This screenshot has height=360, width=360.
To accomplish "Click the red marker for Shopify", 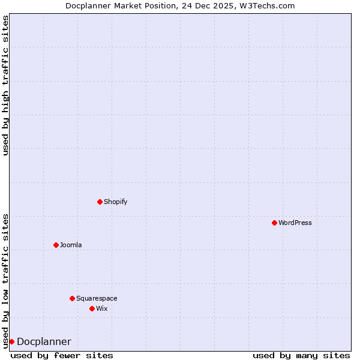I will tap(100, 202).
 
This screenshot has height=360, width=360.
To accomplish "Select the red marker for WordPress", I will tap(274, 223).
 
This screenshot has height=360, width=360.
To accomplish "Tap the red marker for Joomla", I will tap(56, 245).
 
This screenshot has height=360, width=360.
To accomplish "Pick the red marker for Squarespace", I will tap(72, 298).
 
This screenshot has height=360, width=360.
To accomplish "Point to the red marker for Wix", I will tap(92, 308).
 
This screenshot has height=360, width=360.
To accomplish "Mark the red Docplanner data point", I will tap(11, 341).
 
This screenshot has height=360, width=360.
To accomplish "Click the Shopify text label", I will tap(115, 202).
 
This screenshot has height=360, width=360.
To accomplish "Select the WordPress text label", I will tap(295, 223).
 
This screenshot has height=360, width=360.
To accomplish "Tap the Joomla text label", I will tap(71, 245).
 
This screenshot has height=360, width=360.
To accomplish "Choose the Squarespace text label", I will tap(97, 298).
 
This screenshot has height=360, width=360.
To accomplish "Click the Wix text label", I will tap(102, 308).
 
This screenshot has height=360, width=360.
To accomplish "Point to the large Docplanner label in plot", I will tap(44, 342).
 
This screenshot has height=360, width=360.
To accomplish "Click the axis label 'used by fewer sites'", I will tap(62, 355).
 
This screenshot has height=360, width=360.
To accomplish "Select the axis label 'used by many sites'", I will tap(301, 355).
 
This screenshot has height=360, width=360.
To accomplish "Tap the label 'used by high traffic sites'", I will tap(5, 85).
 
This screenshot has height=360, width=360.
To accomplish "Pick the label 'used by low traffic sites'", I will tap(5, 281).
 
